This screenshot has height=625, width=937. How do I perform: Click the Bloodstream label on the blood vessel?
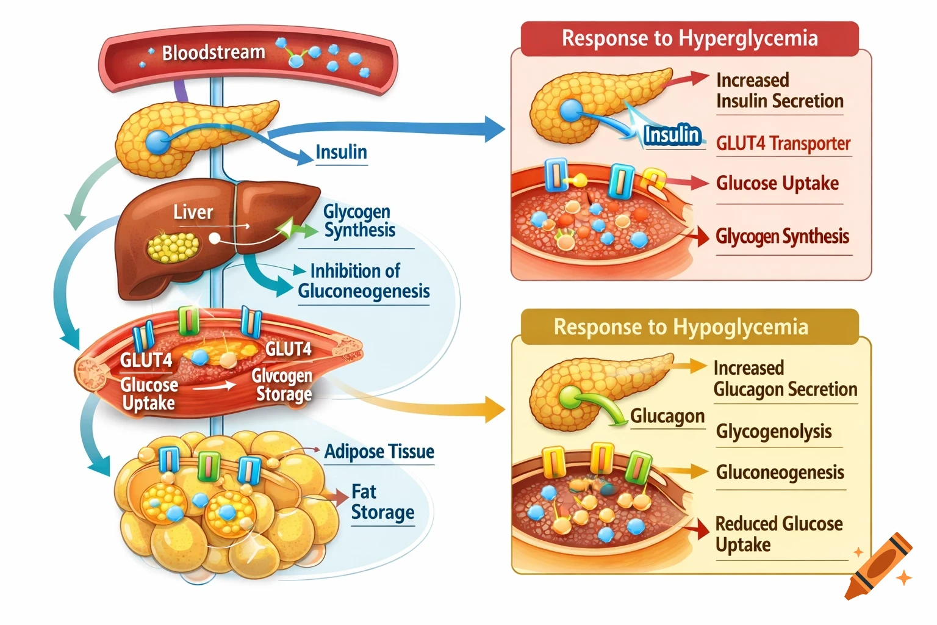213,53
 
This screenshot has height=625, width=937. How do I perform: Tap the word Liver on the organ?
193,212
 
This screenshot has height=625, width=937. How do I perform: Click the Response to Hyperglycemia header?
689,38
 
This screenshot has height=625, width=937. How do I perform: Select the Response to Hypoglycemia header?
681,327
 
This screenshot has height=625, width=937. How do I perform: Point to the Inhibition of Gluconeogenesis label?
364,281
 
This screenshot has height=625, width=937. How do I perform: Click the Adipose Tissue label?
379,452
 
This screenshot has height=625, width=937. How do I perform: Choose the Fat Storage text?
382,502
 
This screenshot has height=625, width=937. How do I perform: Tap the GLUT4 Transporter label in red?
783,143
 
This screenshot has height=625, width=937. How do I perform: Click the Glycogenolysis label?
774,432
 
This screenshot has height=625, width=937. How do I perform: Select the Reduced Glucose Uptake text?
778,534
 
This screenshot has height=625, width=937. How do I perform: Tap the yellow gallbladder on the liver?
173,247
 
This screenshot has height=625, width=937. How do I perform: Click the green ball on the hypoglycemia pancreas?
571,397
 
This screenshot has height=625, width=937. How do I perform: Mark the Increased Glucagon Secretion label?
784,379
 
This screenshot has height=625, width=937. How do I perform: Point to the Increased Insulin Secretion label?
779,91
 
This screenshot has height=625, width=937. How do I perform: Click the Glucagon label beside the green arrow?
667,416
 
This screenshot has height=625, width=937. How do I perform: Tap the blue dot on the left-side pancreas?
157,142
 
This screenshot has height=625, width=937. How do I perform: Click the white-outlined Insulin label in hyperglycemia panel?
672,135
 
